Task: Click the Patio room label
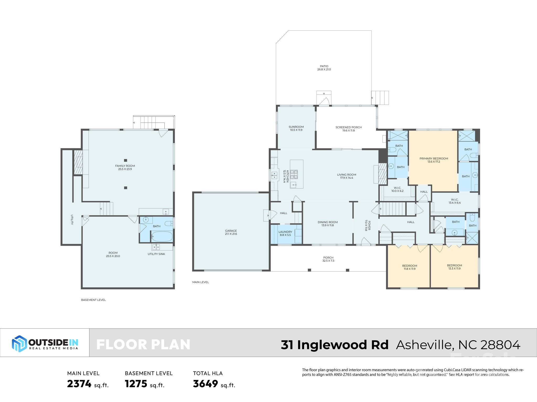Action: click(324, 68)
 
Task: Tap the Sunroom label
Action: click(296, 128)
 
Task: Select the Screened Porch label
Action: click(348, 129)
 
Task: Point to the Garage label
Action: click(231, 232)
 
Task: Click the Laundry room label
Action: click(285, 233)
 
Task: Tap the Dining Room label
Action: click(327, 224)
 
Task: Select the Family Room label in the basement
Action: click(125, 167)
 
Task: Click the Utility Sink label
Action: click(156, 254)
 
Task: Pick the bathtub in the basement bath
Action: click(162, 237)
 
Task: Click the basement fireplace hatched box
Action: click(78, 162)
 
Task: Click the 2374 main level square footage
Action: click(79, 384)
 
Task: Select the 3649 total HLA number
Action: click(205, 384)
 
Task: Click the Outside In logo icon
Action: click(19, 343)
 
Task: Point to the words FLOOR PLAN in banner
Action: click(143, 345)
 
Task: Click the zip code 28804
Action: click(500, 345)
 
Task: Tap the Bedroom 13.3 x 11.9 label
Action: click(454, 267)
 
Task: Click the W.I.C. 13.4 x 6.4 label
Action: click(454, 201)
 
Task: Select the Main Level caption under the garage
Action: click(200, 282)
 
